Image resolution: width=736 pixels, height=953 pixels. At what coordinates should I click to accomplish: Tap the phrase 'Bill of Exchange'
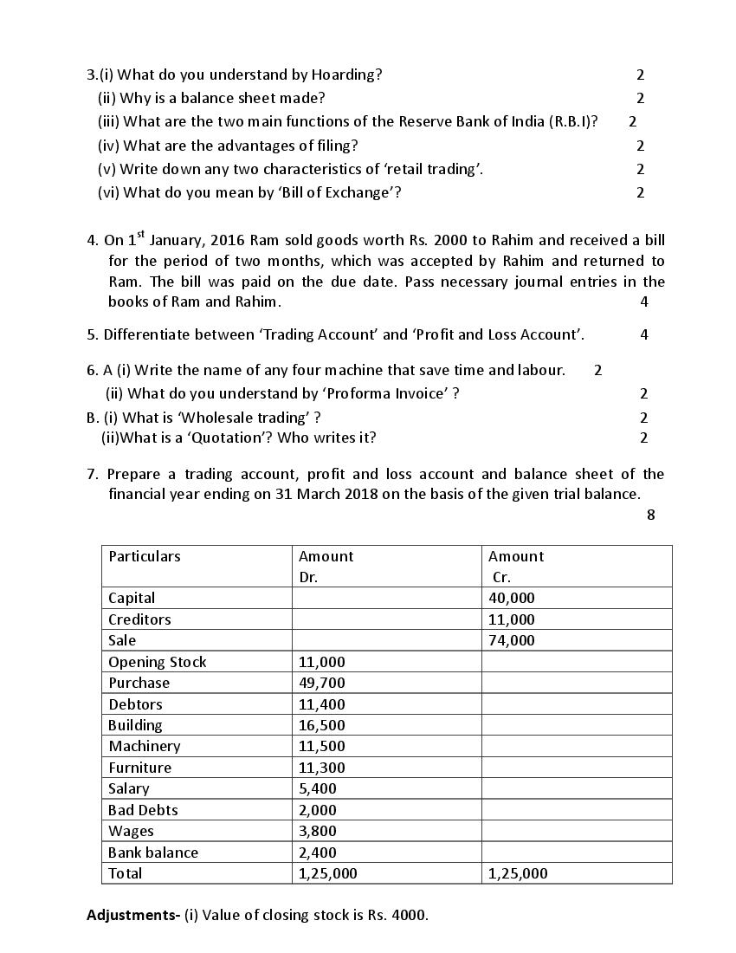336,192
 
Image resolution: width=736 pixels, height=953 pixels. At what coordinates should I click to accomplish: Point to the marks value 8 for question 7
650,515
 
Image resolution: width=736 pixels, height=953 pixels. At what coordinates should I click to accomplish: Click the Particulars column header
145,556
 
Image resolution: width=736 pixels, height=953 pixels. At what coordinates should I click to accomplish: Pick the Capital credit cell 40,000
512,598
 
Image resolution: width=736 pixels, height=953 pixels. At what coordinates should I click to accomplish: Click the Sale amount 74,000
512,640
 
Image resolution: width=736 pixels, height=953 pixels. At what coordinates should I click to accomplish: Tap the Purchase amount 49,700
321,683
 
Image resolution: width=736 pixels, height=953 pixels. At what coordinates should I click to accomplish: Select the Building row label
135,725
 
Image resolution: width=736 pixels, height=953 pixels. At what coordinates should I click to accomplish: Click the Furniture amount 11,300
321,768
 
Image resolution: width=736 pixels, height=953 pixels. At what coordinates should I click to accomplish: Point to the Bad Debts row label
143,810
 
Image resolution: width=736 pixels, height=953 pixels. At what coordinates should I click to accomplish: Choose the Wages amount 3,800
318,831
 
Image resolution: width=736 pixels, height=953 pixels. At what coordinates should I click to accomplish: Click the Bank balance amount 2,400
318,853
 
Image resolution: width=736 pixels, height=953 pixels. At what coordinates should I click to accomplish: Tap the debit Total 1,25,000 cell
327,873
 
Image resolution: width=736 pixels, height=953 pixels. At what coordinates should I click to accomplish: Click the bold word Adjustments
132,915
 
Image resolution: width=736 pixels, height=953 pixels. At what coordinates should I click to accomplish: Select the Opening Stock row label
158,662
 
